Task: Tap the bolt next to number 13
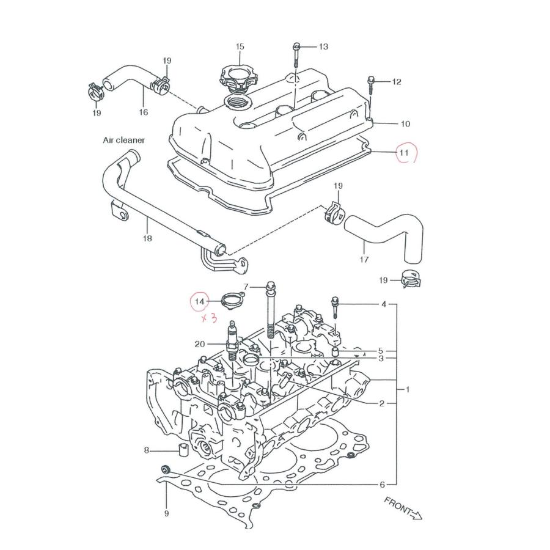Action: pos(296,55)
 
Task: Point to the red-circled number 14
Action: pos(200,301)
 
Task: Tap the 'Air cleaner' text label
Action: pos(123,140)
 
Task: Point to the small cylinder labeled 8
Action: pos(181,452)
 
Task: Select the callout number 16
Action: pos(144,112)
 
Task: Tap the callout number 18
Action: pos(147,238)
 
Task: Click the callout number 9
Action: pos(166,513)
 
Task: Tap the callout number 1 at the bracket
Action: pos(408,389)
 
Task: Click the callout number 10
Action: pos(405,124)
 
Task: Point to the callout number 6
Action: pos(383,485)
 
